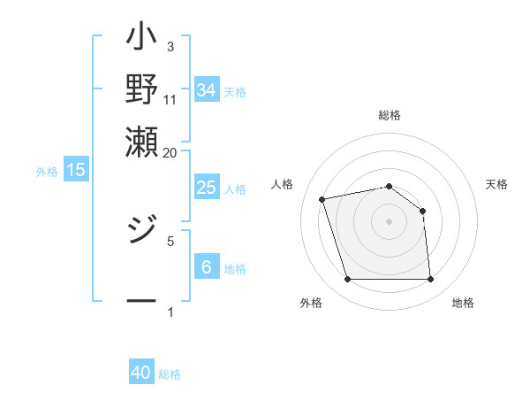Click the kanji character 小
point(141,40)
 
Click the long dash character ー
point(141,302)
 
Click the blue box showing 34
point(206,90)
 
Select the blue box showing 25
point(206,188)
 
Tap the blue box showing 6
point(206,267)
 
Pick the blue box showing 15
point(76,170)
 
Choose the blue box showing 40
point(141,373)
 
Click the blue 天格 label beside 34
point(235,92)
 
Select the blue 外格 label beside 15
point(47,172)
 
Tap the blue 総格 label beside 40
point(170,374)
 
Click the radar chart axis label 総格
point(389,115)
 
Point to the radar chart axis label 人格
point(283,184)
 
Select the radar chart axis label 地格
point(463,304)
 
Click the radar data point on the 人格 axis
point(323,199)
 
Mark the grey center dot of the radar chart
point(389,220)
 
